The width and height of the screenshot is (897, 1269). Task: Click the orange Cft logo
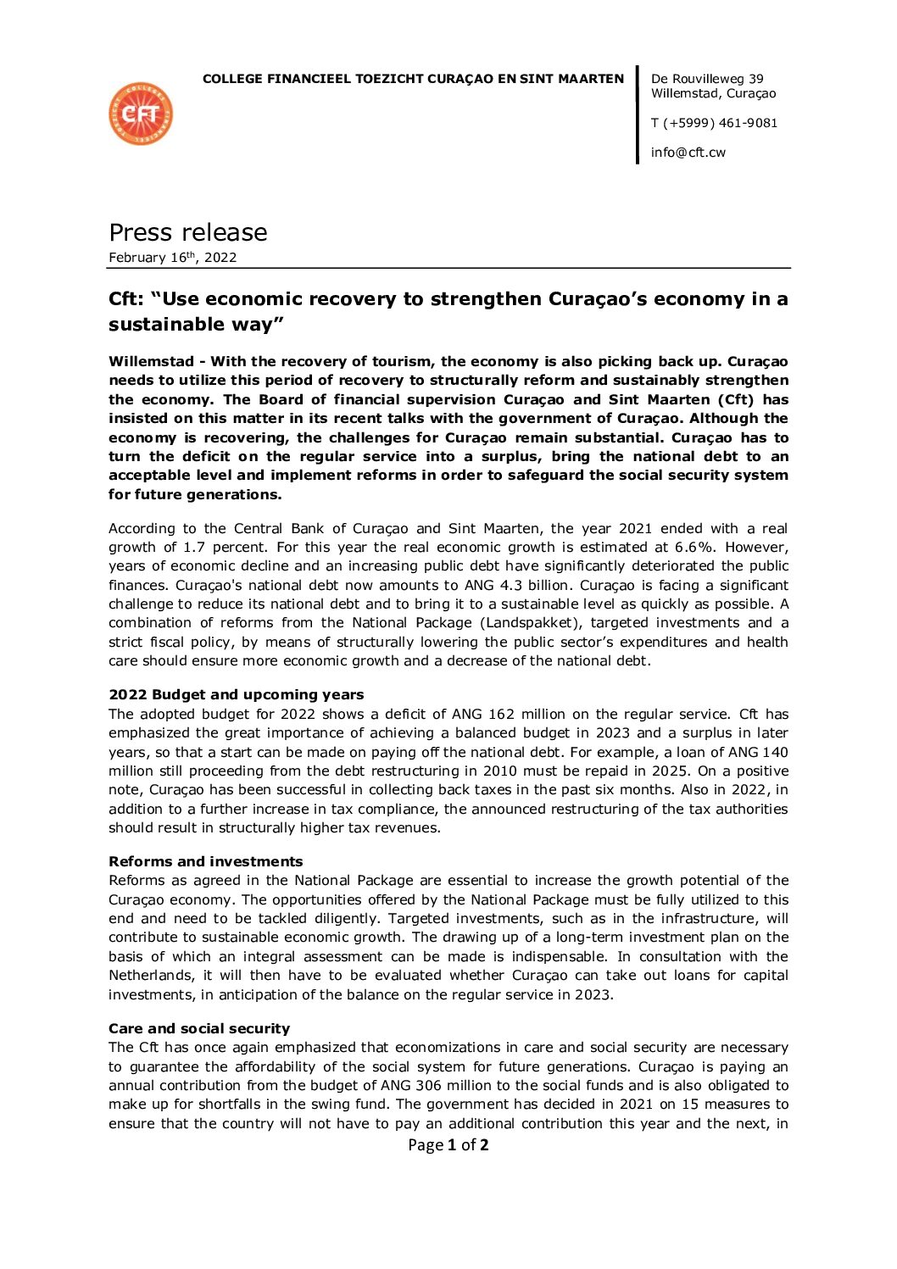click(141, 114)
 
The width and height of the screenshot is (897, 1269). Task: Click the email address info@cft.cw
click(688, 153)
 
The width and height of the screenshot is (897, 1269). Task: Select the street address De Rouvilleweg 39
click(707, 79)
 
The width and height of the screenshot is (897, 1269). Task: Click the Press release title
click(187, 232)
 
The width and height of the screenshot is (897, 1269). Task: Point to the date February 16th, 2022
click(172, 258)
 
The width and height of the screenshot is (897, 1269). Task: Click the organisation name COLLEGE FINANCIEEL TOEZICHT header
click(413, 79)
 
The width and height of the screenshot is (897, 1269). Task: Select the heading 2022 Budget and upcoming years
click(236, 695)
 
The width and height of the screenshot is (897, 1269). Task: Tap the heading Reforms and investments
click(205, 862)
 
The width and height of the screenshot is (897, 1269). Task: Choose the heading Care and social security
click(199, 1029)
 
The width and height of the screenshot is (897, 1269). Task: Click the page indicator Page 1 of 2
click(448, 1145)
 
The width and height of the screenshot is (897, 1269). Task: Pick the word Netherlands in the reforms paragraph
click(151, 976)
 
